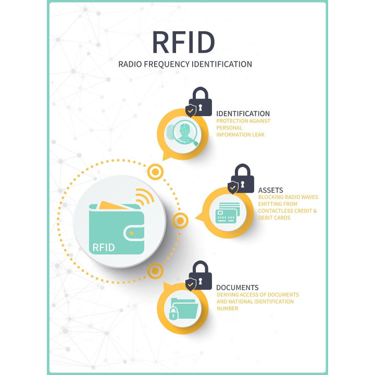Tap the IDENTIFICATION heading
pos(243,114)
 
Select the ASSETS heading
pos(270,190)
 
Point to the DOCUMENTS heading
pos(237,287)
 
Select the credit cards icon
pos(227,213)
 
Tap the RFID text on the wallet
pos(103,246)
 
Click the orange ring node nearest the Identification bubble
pos(155,171)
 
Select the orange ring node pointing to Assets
pos(180,221)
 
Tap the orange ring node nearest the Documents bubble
pos(155,270)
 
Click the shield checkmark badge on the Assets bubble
pos(233,187)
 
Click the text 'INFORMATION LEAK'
pos(241,134)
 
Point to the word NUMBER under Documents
pos(228,308)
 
